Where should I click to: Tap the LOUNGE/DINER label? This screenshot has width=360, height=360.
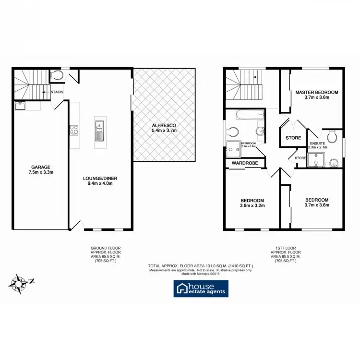tap(100, 178)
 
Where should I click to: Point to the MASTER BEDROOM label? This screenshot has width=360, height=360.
tap(316, 92)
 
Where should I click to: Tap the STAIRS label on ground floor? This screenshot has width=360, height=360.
tap(56, 92)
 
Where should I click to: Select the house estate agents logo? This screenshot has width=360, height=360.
tap(201, 288)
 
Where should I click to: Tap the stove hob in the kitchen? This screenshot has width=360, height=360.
tap(74, 130)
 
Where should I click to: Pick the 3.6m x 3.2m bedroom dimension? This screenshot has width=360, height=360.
tap(252, 206)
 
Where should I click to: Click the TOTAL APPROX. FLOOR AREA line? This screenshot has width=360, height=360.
tap(200, 265)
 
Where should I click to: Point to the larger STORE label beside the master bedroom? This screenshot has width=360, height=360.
tap(293, 138)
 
